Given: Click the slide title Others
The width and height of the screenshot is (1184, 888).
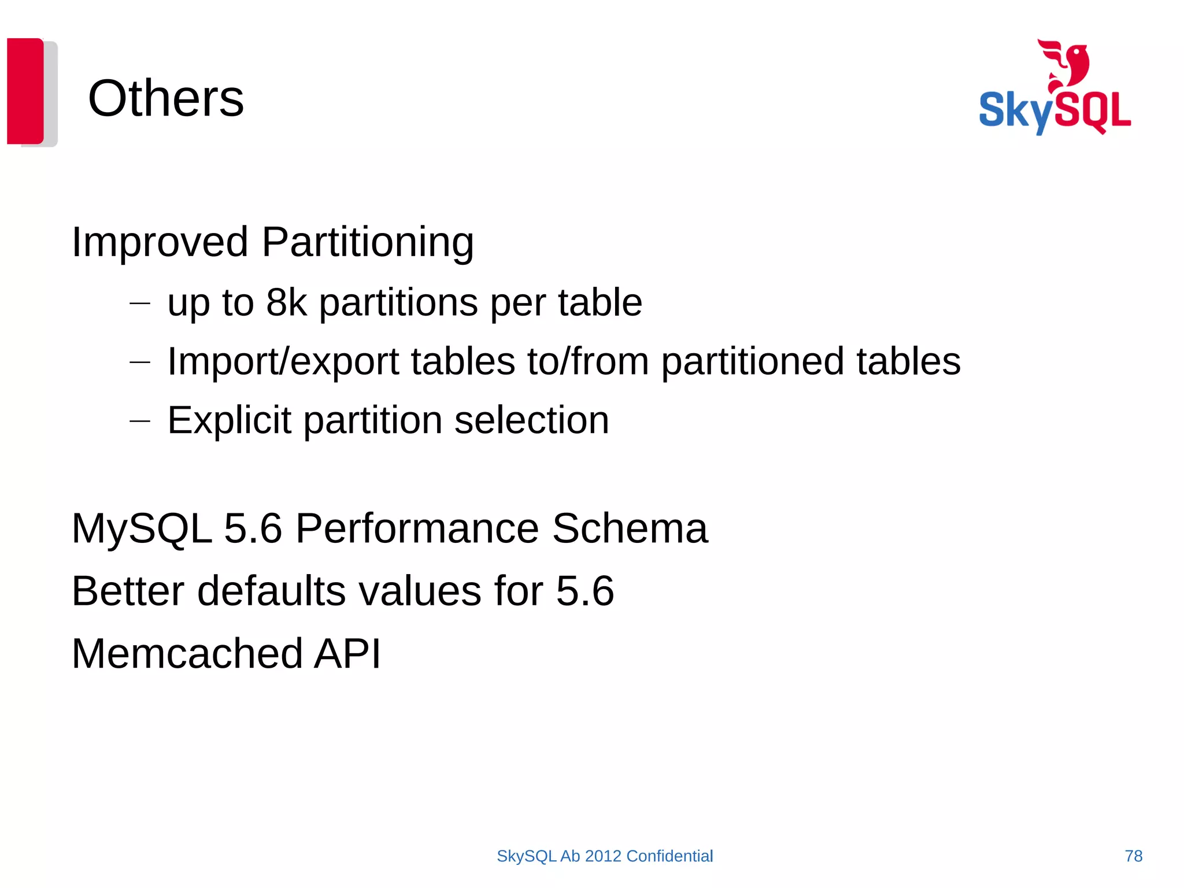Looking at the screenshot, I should (166, 98).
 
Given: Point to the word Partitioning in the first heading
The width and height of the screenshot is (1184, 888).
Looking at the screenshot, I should (368, 242).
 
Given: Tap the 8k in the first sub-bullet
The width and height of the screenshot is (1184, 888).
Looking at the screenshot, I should (286, 302).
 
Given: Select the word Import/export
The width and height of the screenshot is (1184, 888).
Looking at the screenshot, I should (283, 361).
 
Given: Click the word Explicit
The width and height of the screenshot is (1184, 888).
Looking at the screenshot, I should (229, 420).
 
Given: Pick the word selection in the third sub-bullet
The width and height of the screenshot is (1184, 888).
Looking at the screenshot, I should (531, 420).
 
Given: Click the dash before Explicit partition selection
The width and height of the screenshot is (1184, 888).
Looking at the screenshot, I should (140, 421).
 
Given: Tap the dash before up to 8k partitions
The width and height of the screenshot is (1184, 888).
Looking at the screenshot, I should (140, 302).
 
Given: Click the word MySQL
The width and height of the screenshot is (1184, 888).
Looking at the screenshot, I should (142, 528).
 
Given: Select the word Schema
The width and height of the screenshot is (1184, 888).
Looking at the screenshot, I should (630, 528).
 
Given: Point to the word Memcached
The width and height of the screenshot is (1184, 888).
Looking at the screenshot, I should (187, 653).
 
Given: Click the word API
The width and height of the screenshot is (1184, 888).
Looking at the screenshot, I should (347, 653).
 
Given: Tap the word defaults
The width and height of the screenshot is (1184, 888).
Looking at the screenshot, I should (272, 591).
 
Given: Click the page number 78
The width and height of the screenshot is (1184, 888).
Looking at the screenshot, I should (1133, 856).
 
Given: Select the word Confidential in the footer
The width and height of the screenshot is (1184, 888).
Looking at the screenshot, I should (669, 856).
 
